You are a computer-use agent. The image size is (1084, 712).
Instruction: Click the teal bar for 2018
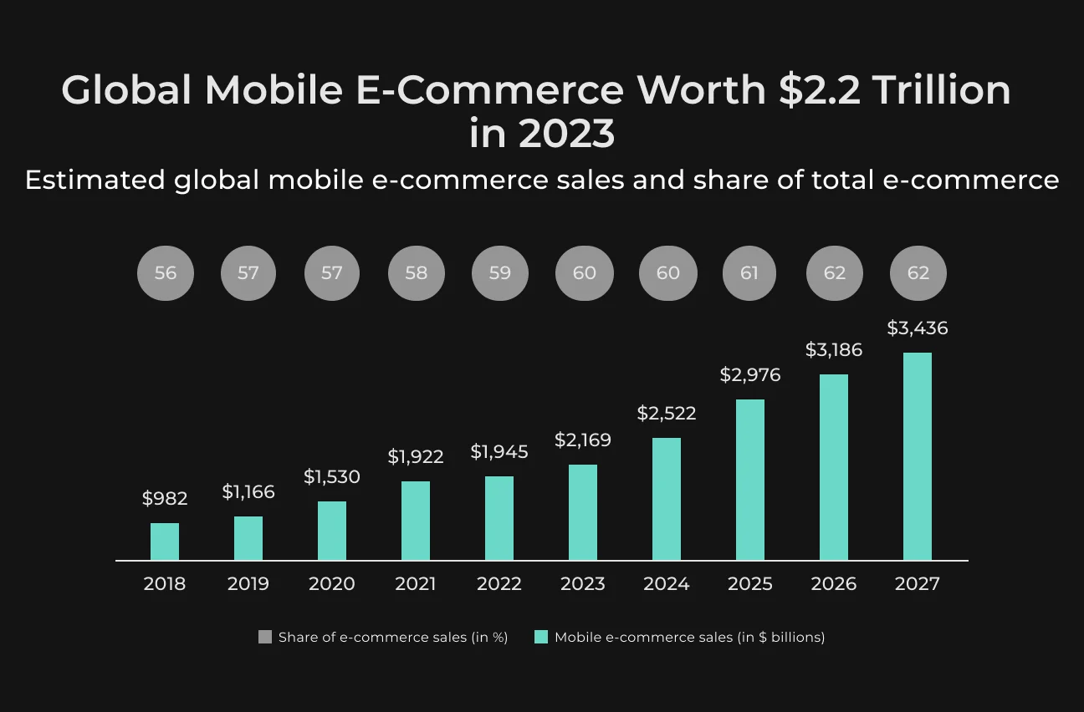click(x=165, y=542)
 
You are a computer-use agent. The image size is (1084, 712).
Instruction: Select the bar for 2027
click(x=918, y=456)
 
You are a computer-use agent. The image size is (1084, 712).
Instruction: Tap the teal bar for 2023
click(x=583, y=512)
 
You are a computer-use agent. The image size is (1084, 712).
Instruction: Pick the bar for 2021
click(x=416, y=521)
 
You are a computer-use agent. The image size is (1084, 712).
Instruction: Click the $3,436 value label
click(x=917, y=328)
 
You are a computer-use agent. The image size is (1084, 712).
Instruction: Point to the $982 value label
click(x=165, y=498)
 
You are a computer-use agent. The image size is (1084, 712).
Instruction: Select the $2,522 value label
click(x=667, y=414)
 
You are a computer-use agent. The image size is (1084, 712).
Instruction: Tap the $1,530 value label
click(x=332, y=477)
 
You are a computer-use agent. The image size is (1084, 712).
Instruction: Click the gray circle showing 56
click(x=166, y=273)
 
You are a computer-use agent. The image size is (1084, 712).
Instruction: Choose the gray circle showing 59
click(x=500, y=273)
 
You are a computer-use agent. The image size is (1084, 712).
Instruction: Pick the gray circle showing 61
click(x=749, y=273)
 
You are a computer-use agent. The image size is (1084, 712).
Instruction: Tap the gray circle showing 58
click(x=417, y=273)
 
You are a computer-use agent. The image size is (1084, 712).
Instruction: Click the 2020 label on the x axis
click(x=332, y=584)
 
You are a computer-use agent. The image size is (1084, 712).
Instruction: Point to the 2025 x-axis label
click(x=750, y=584)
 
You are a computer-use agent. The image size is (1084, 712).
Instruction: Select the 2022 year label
click(x=499, y=584)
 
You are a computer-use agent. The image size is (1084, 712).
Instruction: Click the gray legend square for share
click(x=265, y=637)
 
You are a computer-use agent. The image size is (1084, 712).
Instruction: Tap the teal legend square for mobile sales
click(x=541, y=637)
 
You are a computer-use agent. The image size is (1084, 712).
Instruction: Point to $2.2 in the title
click(x=820, y=90)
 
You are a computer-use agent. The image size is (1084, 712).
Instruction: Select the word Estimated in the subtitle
click(x=95, y=180)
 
